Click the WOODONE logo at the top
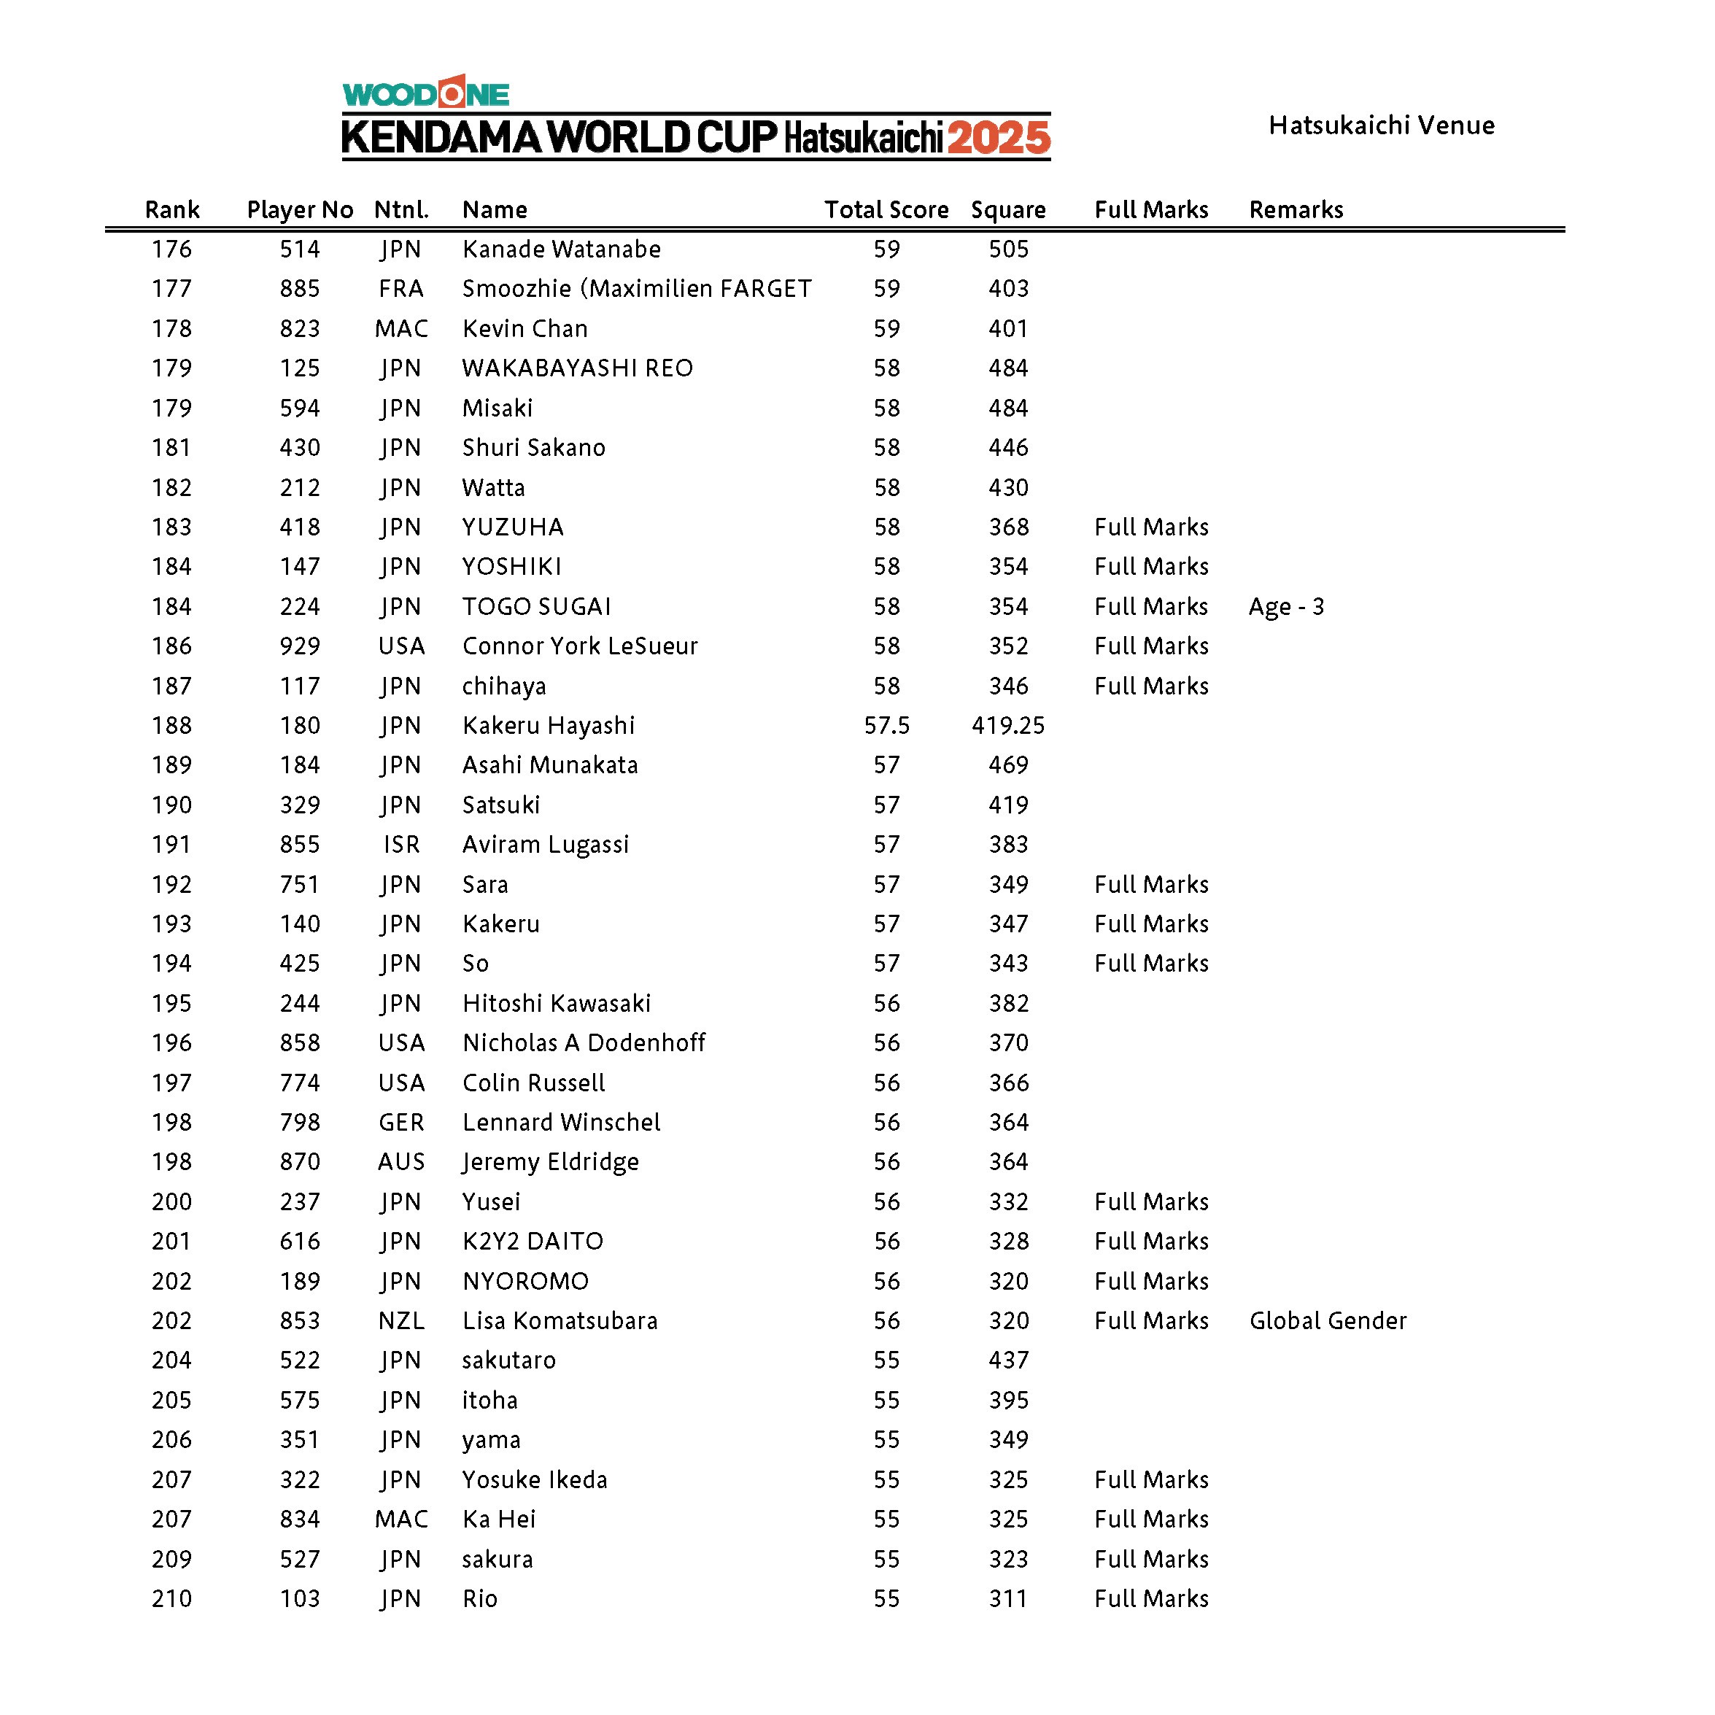pyautogui.click(x=426, y=93)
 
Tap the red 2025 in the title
pyautogui.click(x=999, y=139)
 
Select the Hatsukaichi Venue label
pyautogui.click(x=1381, y=125)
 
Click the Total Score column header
pyautogui.click(x=886, y=209)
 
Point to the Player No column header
pyautogui.click(x=300, y=209)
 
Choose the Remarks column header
pyautogui.click(x=1296, y=209)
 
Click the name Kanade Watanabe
pyautogui.click(x=561, y=249)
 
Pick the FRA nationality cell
pyautogui.click(x=401, y=288)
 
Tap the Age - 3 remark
pyautogui.click(x=1286, y=607)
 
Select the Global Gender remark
pyautogui.click(x=1328, y=1321)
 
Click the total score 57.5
pyautogui.click(x=886, y=726)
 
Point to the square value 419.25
pyautogui.click(x=1007, y=726)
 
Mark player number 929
pyautogui.click(x=300, y=646)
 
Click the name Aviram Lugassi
pyautogui.click(x=545, y=845)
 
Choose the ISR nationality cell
pyautogui.click(x=401, y=845)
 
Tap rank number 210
pyautogui.click(x=171, y=1599)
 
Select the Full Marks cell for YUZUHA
pyautogui.click(x=1151, y=527)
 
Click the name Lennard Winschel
pyautogui.click(x=561, y=1123)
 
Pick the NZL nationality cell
pyautogui.click(x=401, y=1321)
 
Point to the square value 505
pyautogui.click(x=1008, y=249)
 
